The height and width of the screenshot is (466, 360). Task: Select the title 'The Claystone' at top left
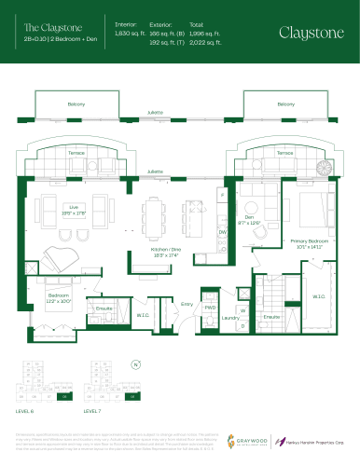click(45, 27)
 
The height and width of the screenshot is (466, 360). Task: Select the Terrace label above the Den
click(284, 150)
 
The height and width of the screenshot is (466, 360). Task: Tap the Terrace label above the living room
click(76, 150)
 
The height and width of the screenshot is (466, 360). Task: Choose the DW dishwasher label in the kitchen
click(222, 231)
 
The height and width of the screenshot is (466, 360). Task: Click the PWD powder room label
click(210, 306)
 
